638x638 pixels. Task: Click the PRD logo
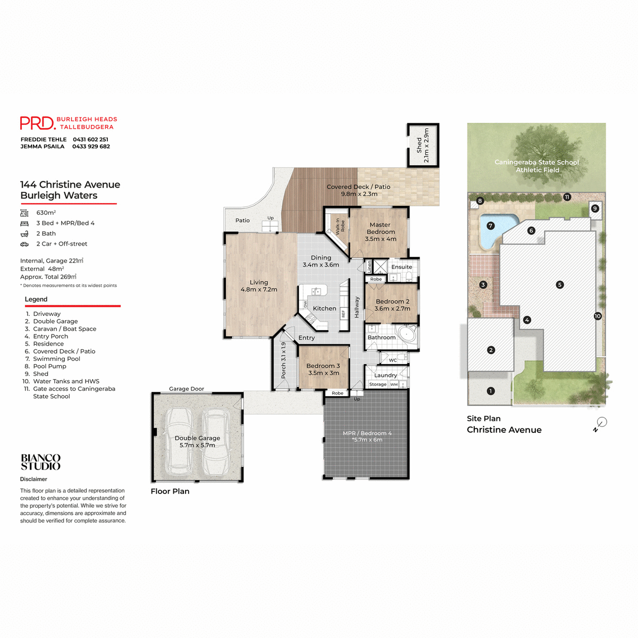point(37,123)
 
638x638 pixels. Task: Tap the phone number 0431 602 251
point(90,139)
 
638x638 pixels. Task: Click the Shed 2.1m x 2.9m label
point(423,145)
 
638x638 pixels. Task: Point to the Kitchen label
point(324,308)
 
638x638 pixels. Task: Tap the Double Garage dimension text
point(197,446)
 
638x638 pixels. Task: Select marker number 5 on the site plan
point(559,284)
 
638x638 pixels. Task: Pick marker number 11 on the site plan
point(567,197)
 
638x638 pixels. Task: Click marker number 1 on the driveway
point(491,391)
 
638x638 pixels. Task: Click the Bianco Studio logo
point(40,462)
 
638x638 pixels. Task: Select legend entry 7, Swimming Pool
point(56,359)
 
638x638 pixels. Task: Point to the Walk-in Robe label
point(340,226)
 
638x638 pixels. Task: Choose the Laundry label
point(385,375)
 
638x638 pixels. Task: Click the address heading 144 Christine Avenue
point(70,184)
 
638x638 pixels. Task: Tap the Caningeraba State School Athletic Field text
point(536,166)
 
